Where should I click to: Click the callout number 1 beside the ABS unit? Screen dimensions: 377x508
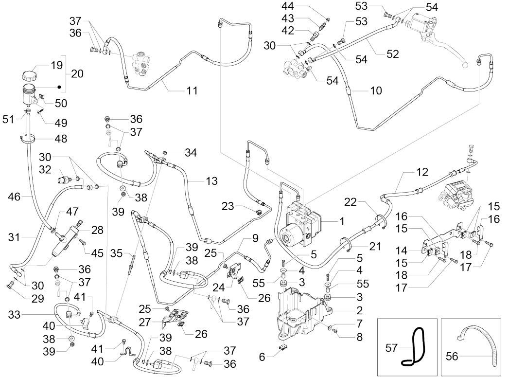342,221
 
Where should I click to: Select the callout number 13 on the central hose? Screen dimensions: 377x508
211,181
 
